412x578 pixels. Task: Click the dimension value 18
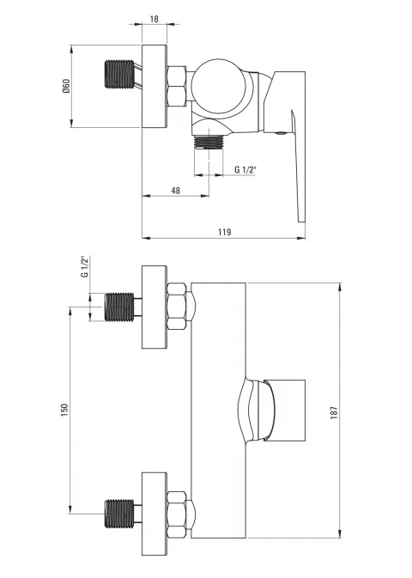tap(154, 19)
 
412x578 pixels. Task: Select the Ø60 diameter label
tap(66, 86)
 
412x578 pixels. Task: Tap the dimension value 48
tap(176, 190)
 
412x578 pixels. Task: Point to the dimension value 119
tap(224, 232)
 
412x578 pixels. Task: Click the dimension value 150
tap(65, 410)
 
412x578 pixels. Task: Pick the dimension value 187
tap(334, 412)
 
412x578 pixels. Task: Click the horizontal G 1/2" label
tap(245, 169)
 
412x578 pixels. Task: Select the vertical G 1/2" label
tap(85, 267)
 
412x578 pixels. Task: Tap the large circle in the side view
tap(220, 85)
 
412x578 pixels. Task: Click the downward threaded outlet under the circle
tap(209, 143)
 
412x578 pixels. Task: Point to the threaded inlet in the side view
tap(119, 74)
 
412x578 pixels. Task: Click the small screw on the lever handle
tap(281, 133)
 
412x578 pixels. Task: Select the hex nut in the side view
tap(177, 86)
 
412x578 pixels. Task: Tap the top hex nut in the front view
tap(177, 306)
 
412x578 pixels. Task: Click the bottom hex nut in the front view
tap(177, 514)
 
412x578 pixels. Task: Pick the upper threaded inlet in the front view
tap(119, 307)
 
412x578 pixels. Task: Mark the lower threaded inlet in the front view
tap(119, 514)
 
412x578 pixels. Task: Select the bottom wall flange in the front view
tap(154, 514)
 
